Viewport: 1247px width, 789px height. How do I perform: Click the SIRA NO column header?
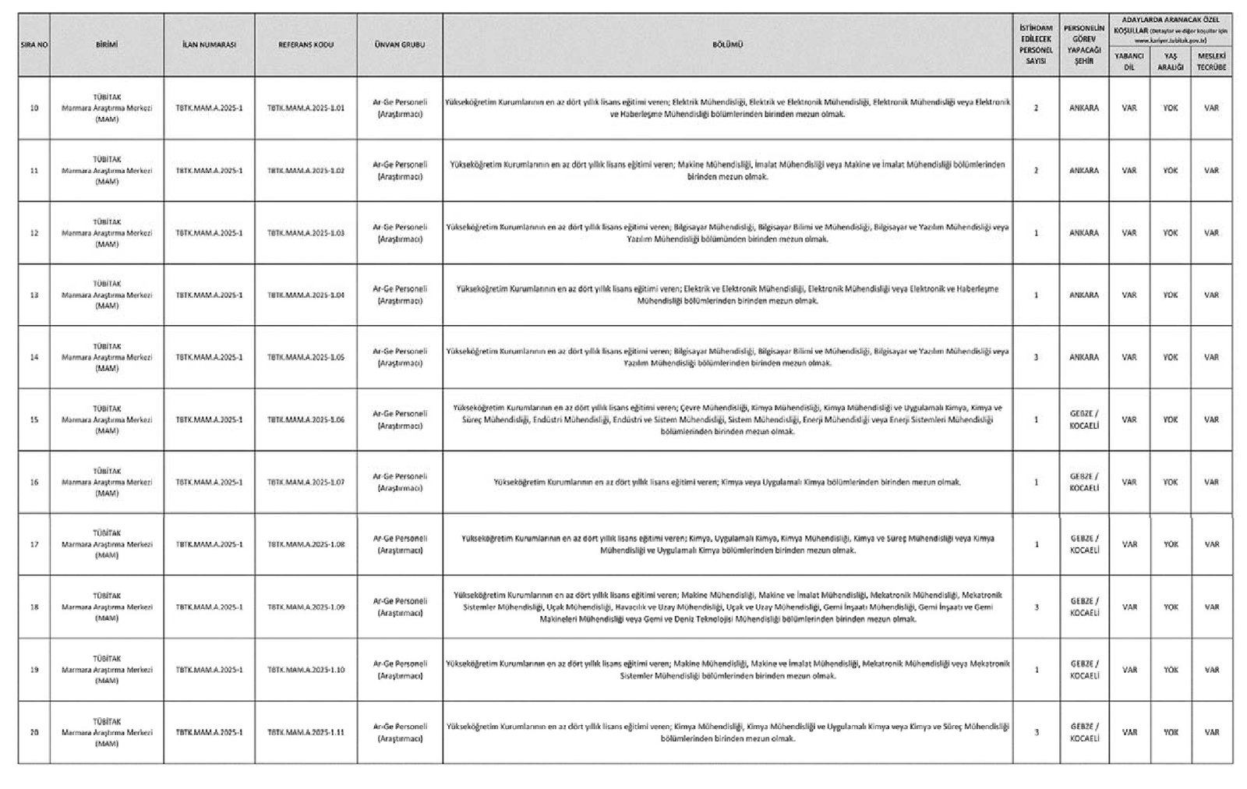(34, 45)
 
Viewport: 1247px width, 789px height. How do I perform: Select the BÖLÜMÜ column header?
(727, 45)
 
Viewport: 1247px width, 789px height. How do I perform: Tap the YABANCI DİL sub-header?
(1129, 62)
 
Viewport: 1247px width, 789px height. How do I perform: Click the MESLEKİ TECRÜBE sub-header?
(1211, 62)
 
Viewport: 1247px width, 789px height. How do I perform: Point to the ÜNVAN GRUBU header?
(400, 45)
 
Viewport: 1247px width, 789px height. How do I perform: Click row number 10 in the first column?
(34, 108)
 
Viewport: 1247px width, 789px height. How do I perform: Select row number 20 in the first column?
(34, 733)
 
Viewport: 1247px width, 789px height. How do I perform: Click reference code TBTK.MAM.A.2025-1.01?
(306, 108)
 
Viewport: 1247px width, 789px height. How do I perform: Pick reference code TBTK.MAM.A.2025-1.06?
(306, 420)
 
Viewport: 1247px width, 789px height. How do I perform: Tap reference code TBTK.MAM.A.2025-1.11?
(306, 733)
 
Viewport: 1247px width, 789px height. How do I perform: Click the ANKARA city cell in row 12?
(1083, 233)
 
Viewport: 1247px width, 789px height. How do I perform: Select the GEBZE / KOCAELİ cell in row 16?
(1083, 483)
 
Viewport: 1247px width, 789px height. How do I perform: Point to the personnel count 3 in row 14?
(1036, 358)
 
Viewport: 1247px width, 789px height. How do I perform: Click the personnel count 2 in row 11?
(1036, 171)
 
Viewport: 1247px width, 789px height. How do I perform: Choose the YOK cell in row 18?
(1171, 607)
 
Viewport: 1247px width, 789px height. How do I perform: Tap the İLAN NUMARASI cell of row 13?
(209, 295)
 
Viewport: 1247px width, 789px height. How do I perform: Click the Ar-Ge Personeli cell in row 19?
(400, 670)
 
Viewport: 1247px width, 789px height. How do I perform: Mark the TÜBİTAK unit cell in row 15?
(107, 420)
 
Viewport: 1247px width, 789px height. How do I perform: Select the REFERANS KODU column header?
(306, 45)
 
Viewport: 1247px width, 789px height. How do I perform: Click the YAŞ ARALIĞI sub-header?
(1170, 62)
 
